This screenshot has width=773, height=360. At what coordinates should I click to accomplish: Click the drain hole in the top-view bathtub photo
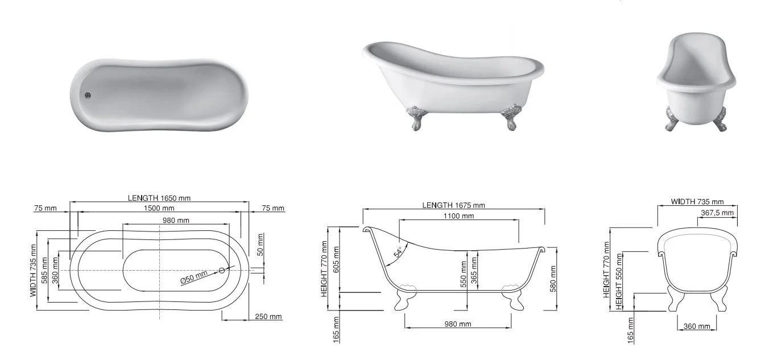click(88, 96)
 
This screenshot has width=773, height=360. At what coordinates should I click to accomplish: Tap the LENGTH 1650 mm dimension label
click(159, 198)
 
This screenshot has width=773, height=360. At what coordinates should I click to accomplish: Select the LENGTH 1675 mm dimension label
click(453, 205)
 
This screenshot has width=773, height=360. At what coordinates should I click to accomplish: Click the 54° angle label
click(398, 252)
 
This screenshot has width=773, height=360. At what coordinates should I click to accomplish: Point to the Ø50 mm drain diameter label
click(194, 277)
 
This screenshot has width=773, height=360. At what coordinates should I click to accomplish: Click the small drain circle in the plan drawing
click(222, 271)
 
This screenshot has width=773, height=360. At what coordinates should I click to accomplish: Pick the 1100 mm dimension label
click(458, 216)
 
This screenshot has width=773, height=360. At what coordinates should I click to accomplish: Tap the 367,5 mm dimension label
click(717, 213)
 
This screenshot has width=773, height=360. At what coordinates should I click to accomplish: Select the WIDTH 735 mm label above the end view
click(697, 202)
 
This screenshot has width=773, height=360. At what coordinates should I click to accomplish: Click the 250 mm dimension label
click(268, 317)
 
